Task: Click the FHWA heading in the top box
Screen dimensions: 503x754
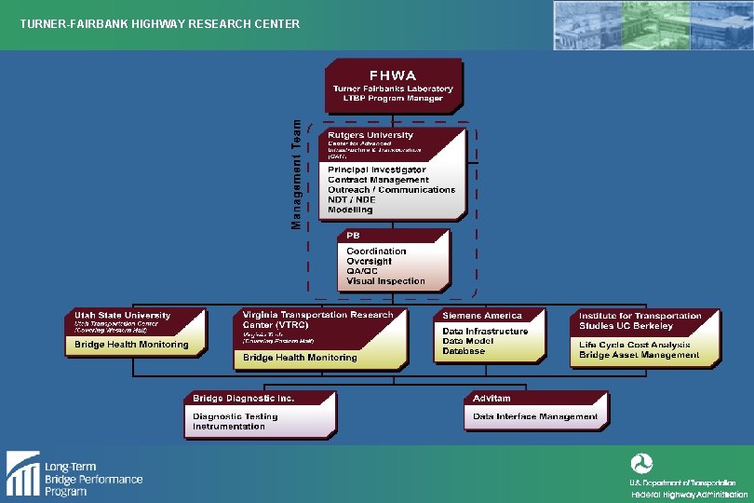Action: tap(393, 75)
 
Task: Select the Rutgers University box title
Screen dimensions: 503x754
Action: tap(370, 135)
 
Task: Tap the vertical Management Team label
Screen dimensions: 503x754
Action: tap(297, 173)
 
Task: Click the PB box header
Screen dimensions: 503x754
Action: tap(354, 236)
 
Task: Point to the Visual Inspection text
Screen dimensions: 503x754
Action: tap(385, 280)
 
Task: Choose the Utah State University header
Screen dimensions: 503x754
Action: tap(123, 315)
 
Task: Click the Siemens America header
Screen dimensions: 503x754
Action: tap(482, 315)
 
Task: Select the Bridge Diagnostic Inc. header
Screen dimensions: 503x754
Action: tap(244, 398)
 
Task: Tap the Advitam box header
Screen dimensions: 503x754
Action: tap(491, 398)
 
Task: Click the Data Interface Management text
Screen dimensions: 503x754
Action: tap(535, 416)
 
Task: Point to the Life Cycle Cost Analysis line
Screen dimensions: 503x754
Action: tap(634, 345)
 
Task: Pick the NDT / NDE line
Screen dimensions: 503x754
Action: tap(352, 199)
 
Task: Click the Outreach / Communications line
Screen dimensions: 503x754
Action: tap(391, 189)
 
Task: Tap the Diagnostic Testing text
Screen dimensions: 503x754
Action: tap(229, 416)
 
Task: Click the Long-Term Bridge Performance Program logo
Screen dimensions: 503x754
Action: tap(74, 473)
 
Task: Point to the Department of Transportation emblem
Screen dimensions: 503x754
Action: tap(641, 463)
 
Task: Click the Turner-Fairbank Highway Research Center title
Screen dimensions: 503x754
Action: tap(160, 23)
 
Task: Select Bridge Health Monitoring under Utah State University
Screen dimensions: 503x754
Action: tap(131, 345)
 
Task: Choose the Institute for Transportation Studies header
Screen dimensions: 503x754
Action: tap(640, 320)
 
